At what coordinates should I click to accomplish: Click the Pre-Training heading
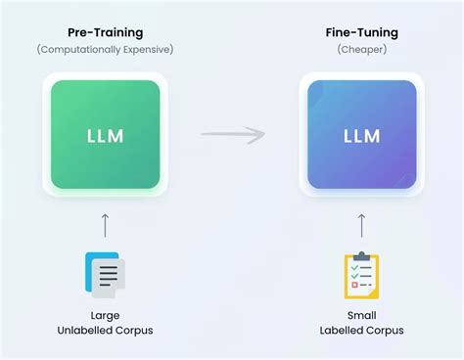[x=105, y=32]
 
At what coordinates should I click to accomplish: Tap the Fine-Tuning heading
[x=361, y=32]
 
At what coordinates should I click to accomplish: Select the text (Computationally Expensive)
[x=105, y=48]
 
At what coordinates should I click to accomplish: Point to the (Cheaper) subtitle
[x=361, y=48]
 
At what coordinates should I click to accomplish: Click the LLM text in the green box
[x=105, y=135]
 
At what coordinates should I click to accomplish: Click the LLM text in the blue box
[x=361, y=135]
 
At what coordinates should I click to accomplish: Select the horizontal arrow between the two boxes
[x=232, y=135]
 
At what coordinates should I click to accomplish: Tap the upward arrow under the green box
[x=105, y=224]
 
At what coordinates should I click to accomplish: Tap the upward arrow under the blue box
[x=361, y=224]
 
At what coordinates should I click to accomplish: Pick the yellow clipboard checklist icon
[x=361, y=275]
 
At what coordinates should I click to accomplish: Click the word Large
[x=105, y=316]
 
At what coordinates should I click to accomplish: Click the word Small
[x=361, y=316]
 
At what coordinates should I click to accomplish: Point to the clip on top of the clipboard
[x=361, y=256]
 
